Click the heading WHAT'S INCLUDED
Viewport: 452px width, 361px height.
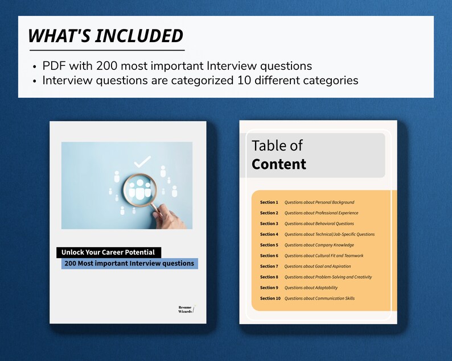pos(106,36)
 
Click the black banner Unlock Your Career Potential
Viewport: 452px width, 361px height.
pos(109,252)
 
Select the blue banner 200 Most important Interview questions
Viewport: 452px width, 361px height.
pos(129,264)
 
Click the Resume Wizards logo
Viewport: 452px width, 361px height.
pos(186,309)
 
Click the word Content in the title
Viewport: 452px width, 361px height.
pos(279,164)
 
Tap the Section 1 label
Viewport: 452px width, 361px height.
pos(269,202)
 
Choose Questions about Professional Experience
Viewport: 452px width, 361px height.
pos(321,213)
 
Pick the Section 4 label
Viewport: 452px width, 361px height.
pos(269,234)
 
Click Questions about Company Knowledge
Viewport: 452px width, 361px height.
pos(319,245)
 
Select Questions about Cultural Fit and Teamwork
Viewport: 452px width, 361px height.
pos(323,256)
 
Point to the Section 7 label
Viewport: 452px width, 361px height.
pos(269,266)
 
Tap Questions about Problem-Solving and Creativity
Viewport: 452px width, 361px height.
pos(328,277)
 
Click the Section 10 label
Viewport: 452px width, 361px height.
pos(270,298)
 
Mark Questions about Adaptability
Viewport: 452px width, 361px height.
pos(311,288)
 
